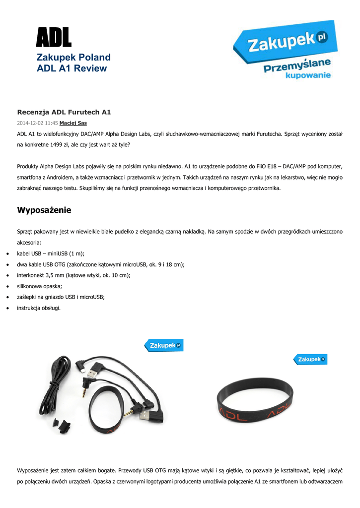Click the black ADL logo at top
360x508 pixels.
(54, 38)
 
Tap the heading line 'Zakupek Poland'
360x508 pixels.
(73, 58)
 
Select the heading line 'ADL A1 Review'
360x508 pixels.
(72, 68)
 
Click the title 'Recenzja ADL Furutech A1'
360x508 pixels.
(64, 112)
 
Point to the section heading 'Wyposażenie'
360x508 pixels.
(44, 210)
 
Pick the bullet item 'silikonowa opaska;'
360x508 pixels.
(41, 286)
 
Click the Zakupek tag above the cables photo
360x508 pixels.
(163, 345)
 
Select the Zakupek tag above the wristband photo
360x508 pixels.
(310, 359)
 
